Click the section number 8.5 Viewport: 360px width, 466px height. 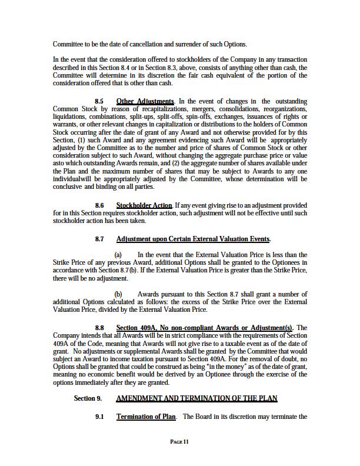pos(99,102)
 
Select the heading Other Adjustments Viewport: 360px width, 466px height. pos(145,102)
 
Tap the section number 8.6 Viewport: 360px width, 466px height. pos(99,205)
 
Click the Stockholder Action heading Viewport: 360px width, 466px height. pos(144,205)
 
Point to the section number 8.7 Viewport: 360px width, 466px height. pos(99,239)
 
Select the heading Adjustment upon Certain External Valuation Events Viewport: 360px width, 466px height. pos(194,239)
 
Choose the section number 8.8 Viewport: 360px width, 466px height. pos(99,328)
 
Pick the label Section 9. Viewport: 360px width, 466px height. pos(88,398)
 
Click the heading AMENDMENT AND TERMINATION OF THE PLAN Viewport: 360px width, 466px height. pos(196,398)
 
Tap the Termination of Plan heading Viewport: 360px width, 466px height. pos(146,417)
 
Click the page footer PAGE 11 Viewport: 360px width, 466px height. pos(179,441)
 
